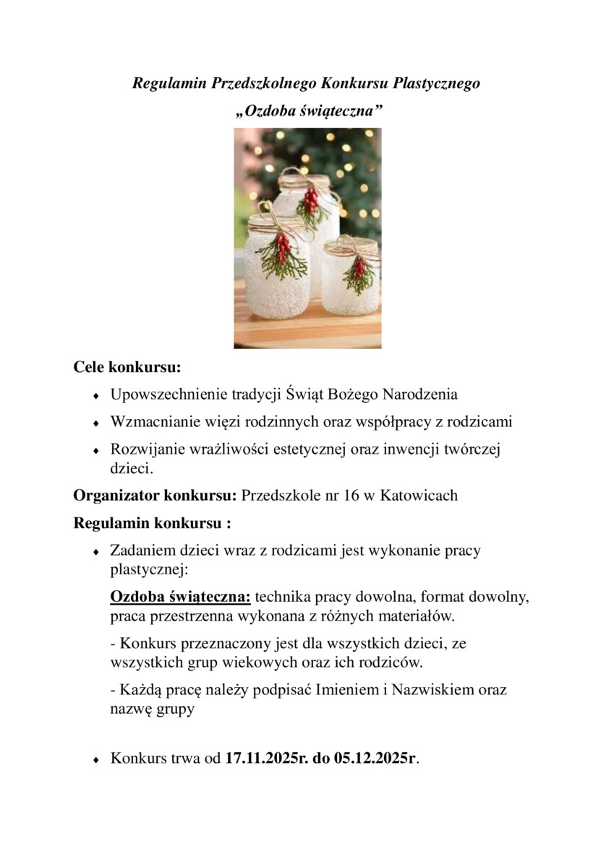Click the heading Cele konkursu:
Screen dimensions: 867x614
pos(127,367)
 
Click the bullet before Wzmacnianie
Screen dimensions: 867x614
pos(95,423)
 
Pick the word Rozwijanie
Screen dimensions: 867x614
pos(143,449)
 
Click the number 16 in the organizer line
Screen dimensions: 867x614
pos(333,496)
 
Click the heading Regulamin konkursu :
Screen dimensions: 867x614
pos(152,522)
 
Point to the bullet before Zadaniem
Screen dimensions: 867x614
pos(95,552)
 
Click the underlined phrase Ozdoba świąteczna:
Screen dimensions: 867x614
pos(180,598)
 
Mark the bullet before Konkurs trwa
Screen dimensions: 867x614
pos(95,760)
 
